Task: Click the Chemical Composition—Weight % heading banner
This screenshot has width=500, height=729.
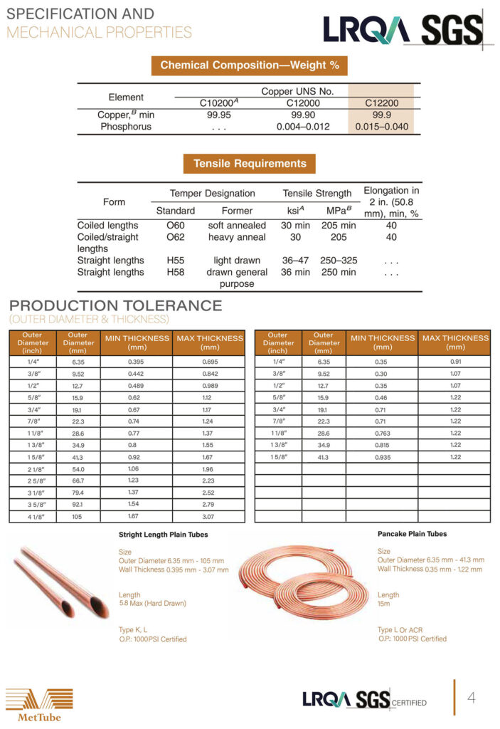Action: coord(249,65)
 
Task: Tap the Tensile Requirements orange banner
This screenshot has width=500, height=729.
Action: coord(250,163)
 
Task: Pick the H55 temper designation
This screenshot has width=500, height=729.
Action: coord(175,261)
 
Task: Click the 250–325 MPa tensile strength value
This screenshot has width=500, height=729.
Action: coord(339,261)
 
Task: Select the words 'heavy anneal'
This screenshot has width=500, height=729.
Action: coord(237,237)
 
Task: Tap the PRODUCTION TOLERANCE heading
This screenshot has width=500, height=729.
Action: coord(115,306)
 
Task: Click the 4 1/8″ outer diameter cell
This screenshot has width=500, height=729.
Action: coord(32,515)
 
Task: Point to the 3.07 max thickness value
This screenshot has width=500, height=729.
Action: coord(210,515)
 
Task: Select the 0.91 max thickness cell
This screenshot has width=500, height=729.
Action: coord(455,361)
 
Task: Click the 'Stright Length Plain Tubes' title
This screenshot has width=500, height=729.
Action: coord(163,535)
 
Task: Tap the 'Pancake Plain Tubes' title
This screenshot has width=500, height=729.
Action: coord(412,533)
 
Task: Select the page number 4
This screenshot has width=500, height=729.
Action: coord(471,697)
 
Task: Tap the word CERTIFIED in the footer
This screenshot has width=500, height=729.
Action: coord(409,703)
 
